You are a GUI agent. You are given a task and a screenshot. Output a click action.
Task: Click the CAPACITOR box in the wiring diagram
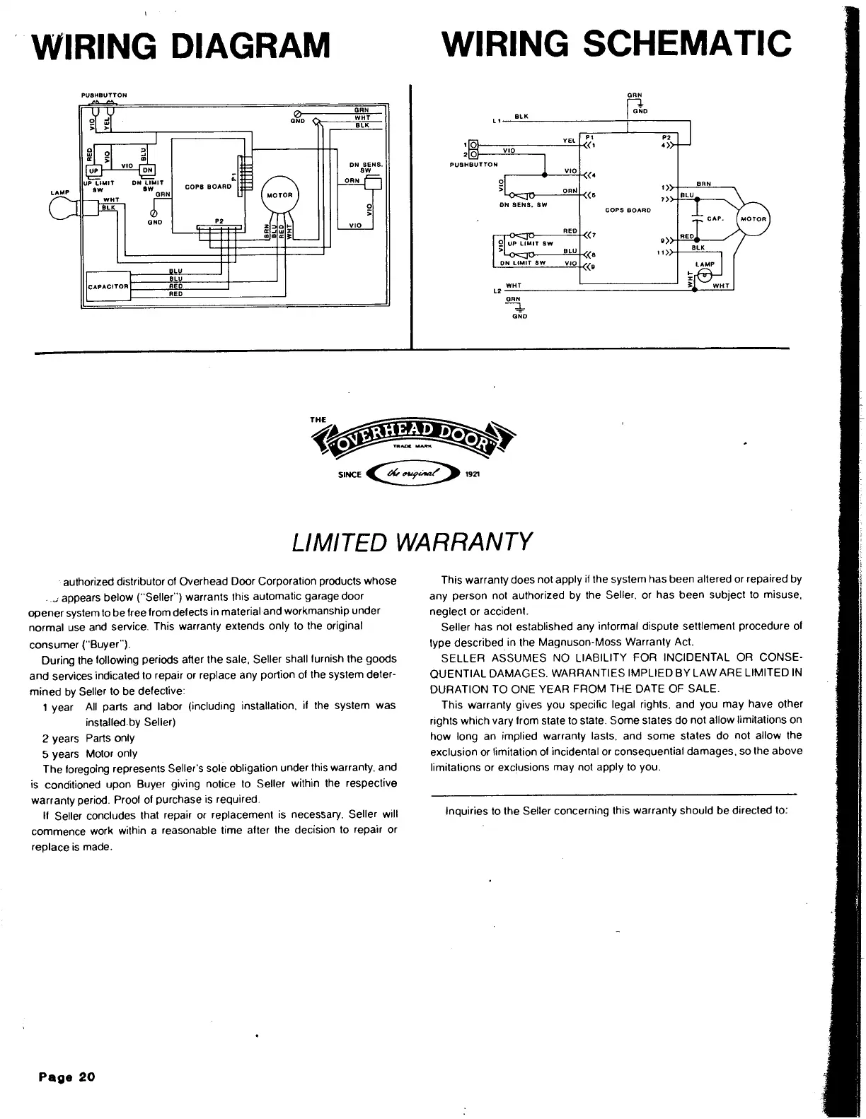pos(108,286)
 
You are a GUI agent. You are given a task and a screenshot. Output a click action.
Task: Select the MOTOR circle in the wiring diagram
pos(280,195)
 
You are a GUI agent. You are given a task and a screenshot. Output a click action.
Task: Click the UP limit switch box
pos(93,170)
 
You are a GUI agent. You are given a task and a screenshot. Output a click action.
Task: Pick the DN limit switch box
pos(147,170)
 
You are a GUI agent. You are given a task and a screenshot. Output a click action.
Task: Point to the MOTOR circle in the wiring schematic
pos(754,219)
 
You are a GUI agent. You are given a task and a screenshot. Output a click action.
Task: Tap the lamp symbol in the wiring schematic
pos(705,276)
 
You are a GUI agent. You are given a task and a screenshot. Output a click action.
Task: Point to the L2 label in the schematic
pos(497,291)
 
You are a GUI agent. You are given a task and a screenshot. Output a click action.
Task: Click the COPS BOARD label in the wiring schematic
pos(628,210)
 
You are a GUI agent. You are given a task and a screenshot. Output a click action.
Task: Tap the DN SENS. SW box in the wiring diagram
pos(372,183)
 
